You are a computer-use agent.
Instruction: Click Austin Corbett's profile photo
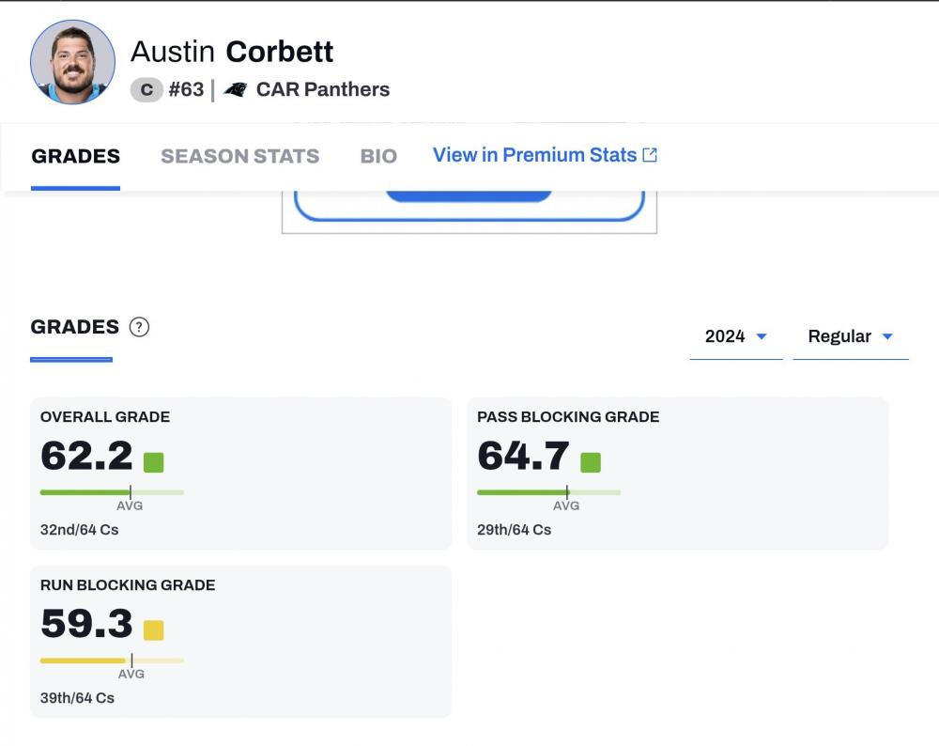72,62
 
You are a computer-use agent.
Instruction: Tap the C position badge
146,90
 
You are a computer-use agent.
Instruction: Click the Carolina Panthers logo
236,90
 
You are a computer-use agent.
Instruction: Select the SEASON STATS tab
239,156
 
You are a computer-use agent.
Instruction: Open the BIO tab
378,156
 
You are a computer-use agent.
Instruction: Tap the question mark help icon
139,327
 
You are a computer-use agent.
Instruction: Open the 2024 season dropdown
736,336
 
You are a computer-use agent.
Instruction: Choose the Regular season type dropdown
850,336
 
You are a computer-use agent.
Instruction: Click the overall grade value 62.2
86,457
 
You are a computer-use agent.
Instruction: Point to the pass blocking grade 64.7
523,457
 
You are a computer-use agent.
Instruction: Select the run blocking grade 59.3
86,625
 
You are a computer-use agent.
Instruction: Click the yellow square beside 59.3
153,629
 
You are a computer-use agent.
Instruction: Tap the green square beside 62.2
153,461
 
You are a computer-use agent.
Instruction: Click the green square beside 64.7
590,461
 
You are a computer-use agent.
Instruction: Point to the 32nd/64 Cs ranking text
79,530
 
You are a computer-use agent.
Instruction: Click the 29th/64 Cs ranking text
514,530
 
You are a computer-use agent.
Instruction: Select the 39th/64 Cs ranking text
77,698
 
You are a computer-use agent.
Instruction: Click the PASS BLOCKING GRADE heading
568,416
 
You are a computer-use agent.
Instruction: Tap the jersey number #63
186,90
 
